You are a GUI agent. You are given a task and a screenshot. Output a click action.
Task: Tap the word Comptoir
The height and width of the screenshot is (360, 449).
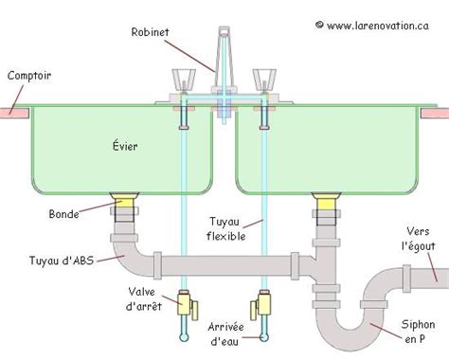[29, 76]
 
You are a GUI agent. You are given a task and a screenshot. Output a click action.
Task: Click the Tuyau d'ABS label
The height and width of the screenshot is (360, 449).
[67, 257]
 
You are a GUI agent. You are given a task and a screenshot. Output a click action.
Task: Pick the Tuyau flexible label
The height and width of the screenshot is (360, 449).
[231, 227]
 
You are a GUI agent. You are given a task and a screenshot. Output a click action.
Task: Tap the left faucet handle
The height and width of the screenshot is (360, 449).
[182, 80]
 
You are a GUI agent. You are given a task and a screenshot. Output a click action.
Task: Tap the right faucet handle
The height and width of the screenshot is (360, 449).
[263, 80]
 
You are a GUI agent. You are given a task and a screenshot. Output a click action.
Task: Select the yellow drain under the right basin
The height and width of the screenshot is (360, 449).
[324, 200]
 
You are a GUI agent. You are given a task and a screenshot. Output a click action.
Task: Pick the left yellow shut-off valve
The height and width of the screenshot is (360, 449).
[189, 304]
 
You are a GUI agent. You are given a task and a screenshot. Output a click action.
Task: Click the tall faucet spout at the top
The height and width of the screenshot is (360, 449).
[224, 52]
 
